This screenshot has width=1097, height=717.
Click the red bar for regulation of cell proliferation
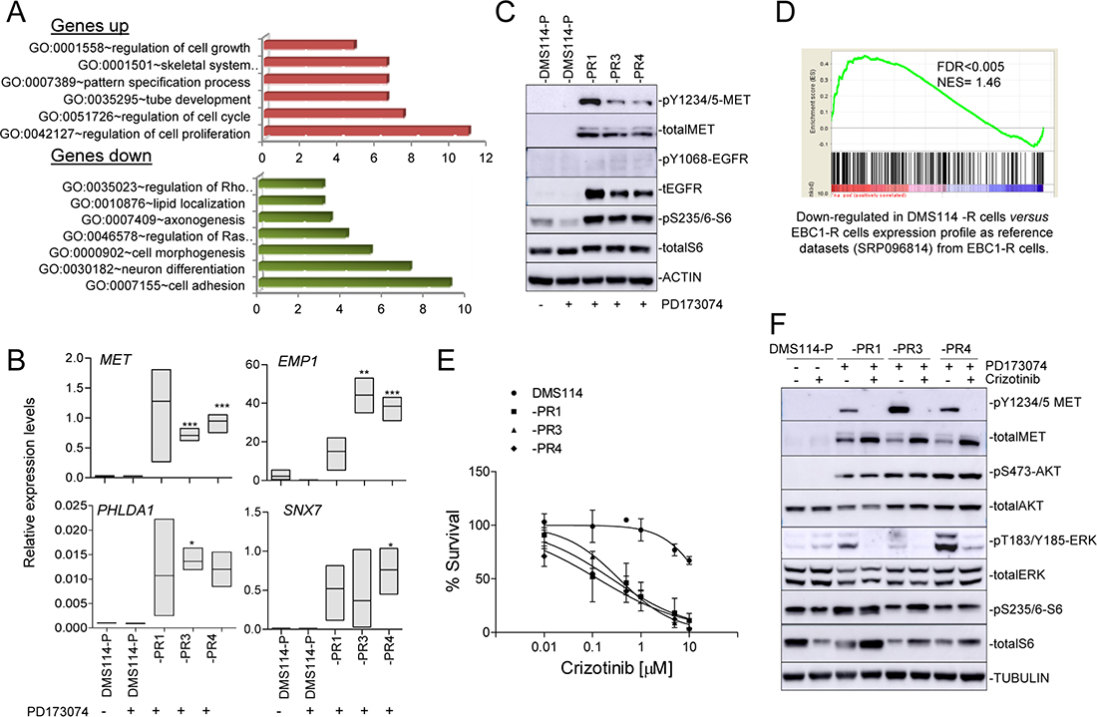coord(365,132)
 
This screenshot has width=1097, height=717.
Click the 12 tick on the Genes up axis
coord(485,158)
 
